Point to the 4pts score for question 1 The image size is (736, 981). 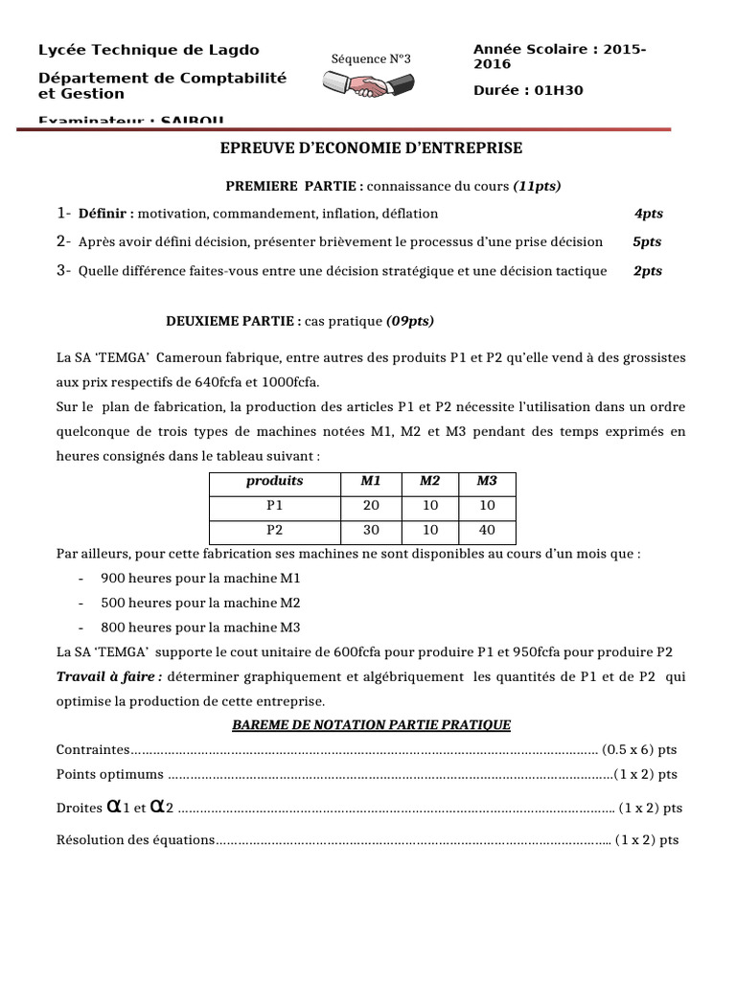(648, 214)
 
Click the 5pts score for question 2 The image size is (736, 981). (648, 242)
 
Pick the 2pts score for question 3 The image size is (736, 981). (648, 271)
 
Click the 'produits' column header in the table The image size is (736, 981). (274, 481)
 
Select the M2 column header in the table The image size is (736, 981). (429, 481)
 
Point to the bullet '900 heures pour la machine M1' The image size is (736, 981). (200, 579)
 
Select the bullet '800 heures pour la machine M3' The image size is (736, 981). (200, 627)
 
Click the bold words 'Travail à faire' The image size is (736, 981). (108, 676)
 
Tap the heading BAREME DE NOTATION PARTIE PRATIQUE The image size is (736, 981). (372, 725)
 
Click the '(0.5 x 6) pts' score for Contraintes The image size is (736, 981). (639, 749)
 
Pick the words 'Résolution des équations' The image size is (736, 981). (136, 840)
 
